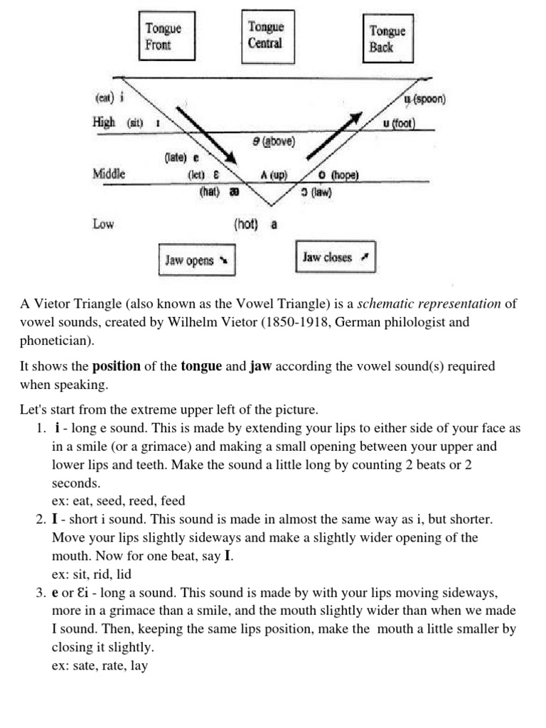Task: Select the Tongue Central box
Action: coord(265,35)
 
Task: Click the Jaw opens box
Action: coord(196,260)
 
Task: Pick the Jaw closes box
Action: coord(335,257)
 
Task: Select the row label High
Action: coord(104,122)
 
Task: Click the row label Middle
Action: coord(109,173)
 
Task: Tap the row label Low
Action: coord(103,224)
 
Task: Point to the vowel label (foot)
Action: coord(402,123)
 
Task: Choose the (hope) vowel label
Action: coord(343,175)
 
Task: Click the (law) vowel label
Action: coord(320,191)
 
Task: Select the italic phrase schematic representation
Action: coord(429,304)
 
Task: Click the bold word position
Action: coord(117,367)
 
